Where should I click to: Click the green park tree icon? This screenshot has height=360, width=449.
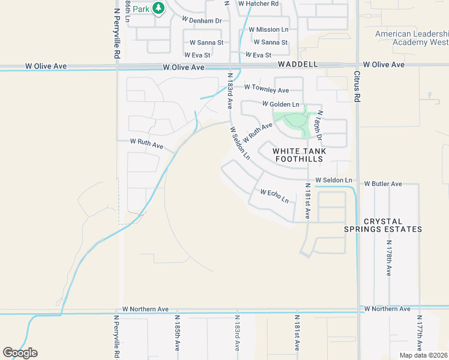point(158,8)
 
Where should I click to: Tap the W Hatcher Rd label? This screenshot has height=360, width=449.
point(259,4)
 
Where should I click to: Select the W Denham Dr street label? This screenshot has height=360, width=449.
point(202,20)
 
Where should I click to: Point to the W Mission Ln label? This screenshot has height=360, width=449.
point(268,29)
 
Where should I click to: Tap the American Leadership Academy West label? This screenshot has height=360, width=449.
point(411,38)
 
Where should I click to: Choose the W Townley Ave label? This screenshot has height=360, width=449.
point(266,90)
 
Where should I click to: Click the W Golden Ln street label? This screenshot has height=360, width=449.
point(280,104)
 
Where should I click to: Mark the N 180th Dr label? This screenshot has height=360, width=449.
point(319,126)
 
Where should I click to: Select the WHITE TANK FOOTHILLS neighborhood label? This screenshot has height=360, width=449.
point(299,155)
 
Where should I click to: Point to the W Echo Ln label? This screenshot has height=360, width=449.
point(274,196)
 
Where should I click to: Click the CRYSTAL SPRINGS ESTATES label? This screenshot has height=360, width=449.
point(383,226)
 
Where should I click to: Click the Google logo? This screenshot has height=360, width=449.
point(20,353)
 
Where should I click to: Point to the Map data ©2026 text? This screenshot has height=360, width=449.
point(423,355)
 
